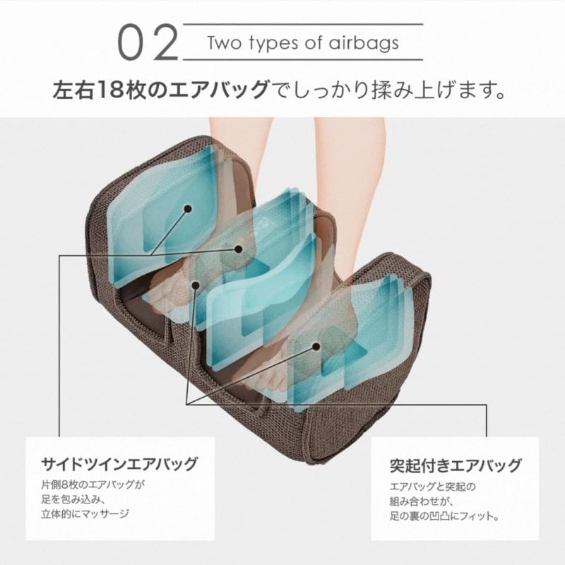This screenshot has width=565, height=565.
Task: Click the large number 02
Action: (x=148, y=42)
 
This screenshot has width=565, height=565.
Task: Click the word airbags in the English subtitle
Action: (x=363, y=43)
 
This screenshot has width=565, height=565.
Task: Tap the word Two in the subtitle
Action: (x=225, y=43)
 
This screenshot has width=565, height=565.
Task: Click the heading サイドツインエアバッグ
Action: (x=119, y=464)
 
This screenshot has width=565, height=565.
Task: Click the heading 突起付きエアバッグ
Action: (x=456, y=465)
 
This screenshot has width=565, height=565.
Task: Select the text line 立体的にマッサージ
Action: (x=85, y=514)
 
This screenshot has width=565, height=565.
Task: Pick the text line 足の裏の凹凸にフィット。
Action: (x=445, y=516)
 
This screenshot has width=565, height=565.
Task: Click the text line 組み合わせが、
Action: (x=421, y=501)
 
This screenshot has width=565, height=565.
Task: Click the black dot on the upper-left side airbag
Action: (x=188, y=208)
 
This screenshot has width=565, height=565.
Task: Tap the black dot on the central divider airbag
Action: (x=238, y=249)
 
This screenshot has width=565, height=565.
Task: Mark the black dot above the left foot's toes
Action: (x=196, y=285)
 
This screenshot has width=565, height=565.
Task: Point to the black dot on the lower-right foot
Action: (x=316, y=347)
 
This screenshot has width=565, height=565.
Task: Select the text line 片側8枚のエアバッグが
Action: (x=93, y=484)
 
